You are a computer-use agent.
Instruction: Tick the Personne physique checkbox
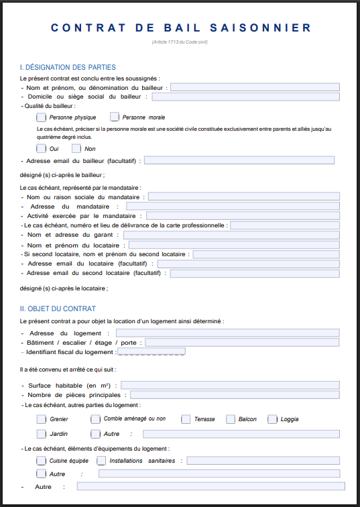point(42,117)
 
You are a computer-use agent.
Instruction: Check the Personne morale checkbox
point(114,117)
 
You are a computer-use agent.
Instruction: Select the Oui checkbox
point(42,148)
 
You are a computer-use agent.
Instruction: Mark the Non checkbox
point(76,148)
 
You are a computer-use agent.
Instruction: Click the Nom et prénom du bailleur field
point(255,87)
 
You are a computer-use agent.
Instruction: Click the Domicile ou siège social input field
point(245,97)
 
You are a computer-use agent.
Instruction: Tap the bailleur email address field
point(239,160)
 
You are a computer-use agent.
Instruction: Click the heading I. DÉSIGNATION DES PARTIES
point(68,67)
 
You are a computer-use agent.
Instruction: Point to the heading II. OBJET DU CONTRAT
point(58,308)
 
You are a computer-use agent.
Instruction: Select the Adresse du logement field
point(227,333)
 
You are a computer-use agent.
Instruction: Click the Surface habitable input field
point(229,385)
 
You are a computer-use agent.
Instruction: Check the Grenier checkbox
point(42,419)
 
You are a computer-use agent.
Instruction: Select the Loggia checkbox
point(273,419)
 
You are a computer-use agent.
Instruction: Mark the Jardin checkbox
point(42,434)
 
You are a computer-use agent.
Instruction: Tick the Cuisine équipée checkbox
point(42,461)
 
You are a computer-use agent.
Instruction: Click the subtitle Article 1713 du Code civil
point(180,43)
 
